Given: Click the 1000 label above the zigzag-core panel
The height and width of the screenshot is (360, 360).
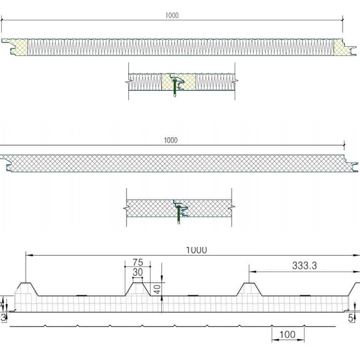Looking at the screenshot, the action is click(172, 16).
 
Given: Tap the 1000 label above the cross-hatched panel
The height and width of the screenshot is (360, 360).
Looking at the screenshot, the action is click(170, 140).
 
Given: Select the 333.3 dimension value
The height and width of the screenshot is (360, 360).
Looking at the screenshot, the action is click(304, 266).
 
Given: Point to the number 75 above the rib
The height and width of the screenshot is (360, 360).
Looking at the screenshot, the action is click(138, 262).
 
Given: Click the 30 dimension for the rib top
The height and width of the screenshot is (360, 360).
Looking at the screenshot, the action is click(138, 272).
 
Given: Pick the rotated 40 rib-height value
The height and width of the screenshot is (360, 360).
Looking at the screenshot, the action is click(157, 289).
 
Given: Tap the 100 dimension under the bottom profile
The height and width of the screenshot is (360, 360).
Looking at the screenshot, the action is click(287, 335).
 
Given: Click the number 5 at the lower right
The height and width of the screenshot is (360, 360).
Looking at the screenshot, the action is click(350, 318).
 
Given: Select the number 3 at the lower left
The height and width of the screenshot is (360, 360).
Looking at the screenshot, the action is click(3, 317).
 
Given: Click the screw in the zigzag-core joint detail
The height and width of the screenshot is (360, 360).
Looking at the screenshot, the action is click(175, 87).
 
